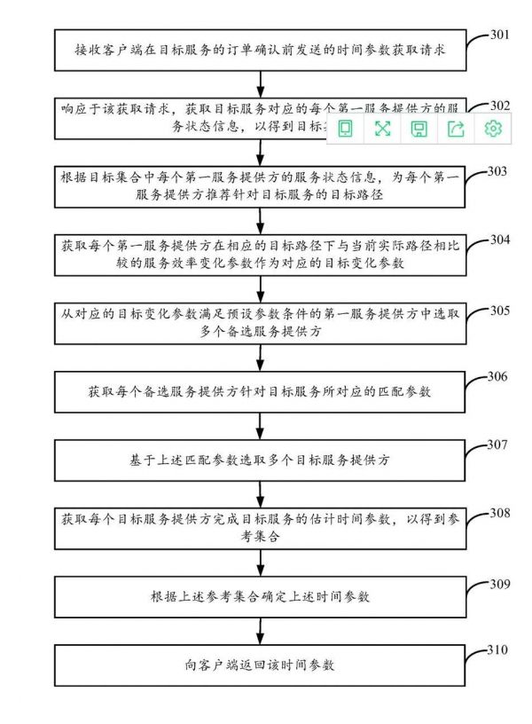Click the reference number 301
point(500,36)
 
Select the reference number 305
point(500,310)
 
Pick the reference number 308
point(499,512)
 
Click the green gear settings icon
point(493,129)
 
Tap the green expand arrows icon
point(382,129)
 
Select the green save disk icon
point(419,129)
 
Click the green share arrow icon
point(456,129)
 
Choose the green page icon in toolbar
point(345,129)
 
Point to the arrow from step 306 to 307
point(261,423)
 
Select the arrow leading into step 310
point(261,630)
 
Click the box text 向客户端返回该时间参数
point(261,665)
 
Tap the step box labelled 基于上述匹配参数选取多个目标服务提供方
point(261,461)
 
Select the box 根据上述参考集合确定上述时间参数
point(261,596)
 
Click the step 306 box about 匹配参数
point(261,390)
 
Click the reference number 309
point(499,583)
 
